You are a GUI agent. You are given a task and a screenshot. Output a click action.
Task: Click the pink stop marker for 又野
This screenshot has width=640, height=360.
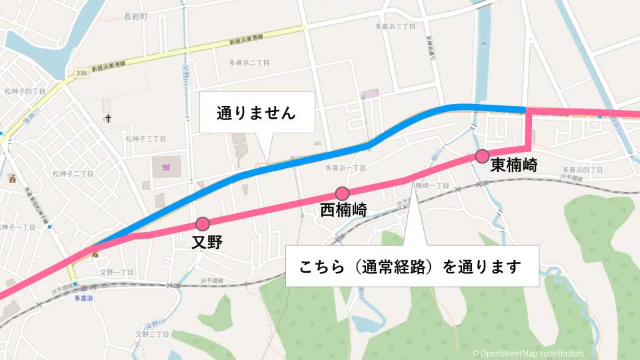(203, 223)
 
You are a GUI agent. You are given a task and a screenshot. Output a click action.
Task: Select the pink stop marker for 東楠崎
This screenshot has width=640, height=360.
(482, 157)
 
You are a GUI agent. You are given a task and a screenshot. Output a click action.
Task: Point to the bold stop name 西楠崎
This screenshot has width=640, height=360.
(343, 210)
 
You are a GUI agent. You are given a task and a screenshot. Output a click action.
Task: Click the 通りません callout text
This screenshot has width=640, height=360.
(256, 113)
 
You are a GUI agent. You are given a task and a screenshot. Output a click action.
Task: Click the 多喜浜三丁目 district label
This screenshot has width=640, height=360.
(395, 27)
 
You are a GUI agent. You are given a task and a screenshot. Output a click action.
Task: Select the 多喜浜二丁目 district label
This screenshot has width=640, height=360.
(249, 63)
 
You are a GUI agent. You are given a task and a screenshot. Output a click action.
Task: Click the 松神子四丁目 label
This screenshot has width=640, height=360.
(24, 91)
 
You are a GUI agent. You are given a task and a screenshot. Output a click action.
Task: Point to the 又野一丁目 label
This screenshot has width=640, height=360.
(117, 273)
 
